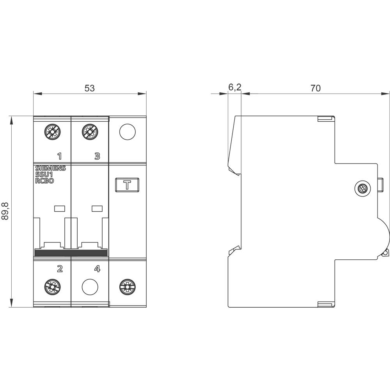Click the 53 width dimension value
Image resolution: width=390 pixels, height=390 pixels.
(90, 88)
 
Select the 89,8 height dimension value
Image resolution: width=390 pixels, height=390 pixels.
(5, 211)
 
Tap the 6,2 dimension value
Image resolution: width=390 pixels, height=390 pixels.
(234, 88)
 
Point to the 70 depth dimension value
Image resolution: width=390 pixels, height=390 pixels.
(316, 88)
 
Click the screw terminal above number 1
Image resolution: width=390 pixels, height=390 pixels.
(52, 132)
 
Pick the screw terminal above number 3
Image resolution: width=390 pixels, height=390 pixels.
(90, 132)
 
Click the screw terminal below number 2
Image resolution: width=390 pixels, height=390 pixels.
(52, 287)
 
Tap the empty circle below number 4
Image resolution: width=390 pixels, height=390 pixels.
(90, 287)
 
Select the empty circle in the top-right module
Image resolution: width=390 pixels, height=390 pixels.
(127, 132)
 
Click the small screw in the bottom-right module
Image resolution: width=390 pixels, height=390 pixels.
(127, 287)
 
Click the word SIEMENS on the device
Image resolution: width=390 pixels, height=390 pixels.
(51, 168)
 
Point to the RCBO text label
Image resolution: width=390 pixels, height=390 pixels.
(44, 181)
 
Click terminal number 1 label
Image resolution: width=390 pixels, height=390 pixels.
(59, 156)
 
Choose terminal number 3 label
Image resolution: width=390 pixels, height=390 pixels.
(97, 156)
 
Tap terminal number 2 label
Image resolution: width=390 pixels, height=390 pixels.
(60, 268)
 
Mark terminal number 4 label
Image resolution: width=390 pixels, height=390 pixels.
(97, 268)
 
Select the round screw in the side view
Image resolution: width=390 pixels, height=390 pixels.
(362, 189)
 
